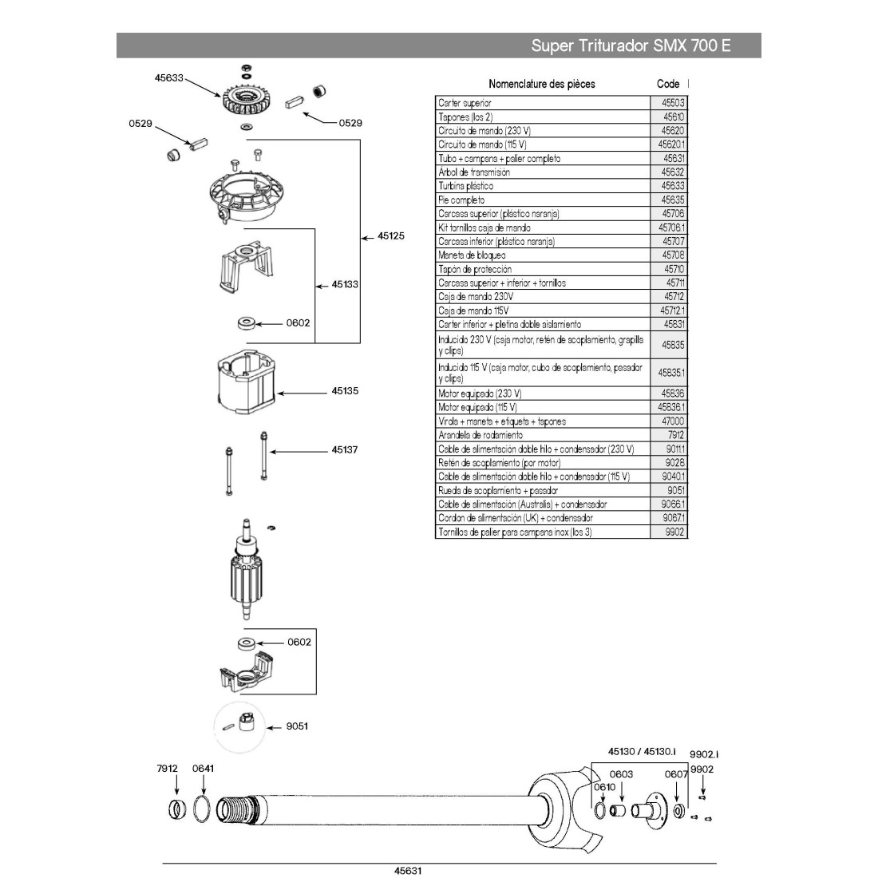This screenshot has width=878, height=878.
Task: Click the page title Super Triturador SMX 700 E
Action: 631,45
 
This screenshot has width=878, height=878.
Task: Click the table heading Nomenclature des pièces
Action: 541,84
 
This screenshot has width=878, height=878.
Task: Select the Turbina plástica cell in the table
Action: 465,186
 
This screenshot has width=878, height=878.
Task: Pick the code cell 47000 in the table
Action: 673,421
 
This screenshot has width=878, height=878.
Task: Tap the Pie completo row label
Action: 461,200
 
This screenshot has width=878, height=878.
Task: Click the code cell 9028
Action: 674,463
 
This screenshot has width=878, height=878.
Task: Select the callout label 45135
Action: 345,392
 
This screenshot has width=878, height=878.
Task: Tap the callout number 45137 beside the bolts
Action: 345,450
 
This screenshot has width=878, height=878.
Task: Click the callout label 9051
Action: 298,726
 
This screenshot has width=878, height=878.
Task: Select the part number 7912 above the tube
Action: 168,769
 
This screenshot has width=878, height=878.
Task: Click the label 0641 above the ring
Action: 204,769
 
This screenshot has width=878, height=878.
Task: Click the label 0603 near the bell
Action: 621,774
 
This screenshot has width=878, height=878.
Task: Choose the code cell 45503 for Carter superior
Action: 673,103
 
